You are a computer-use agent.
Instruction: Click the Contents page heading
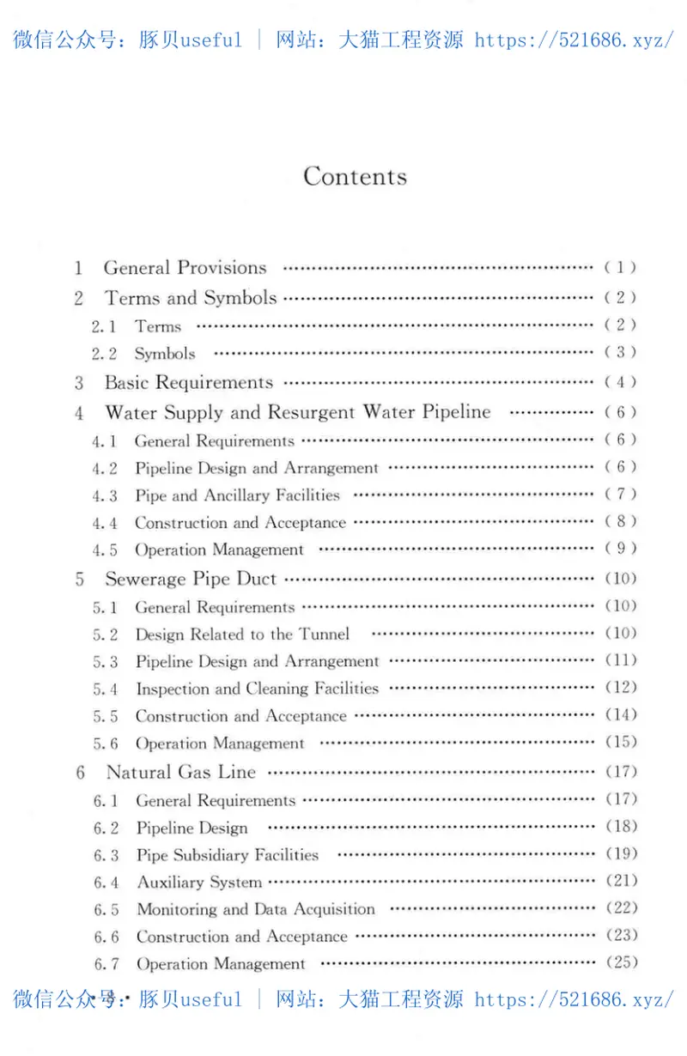click(355, 177)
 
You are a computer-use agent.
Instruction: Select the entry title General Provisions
click(185, 268)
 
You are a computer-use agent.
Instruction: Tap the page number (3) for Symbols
click(621, 352)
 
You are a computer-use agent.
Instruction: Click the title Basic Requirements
click(189, 383)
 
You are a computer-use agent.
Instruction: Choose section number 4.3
click(105, 496)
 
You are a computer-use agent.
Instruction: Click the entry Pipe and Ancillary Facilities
click(237, 495)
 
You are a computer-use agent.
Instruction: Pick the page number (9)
click(621, 548)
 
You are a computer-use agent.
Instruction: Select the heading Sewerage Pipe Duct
click(191, 579)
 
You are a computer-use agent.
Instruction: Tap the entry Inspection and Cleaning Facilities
click(257, 689)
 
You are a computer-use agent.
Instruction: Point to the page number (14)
click(621, 714)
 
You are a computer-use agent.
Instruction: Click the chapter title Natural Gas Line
click(181, 772)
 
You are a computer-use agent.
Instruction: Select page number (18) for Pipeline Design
click(622, 826)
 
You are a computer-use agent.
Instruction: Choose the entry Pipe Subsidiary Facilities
click(228, 855)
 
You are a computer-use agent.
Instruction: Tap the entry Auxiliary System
click(199, 883)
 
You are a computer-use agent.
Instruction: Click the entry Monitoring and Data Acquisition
click(256, 909)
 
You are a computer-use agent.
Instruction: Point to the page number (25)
click(622, 962)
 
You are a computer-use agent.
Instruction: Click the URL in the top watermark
click(574, 39)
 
